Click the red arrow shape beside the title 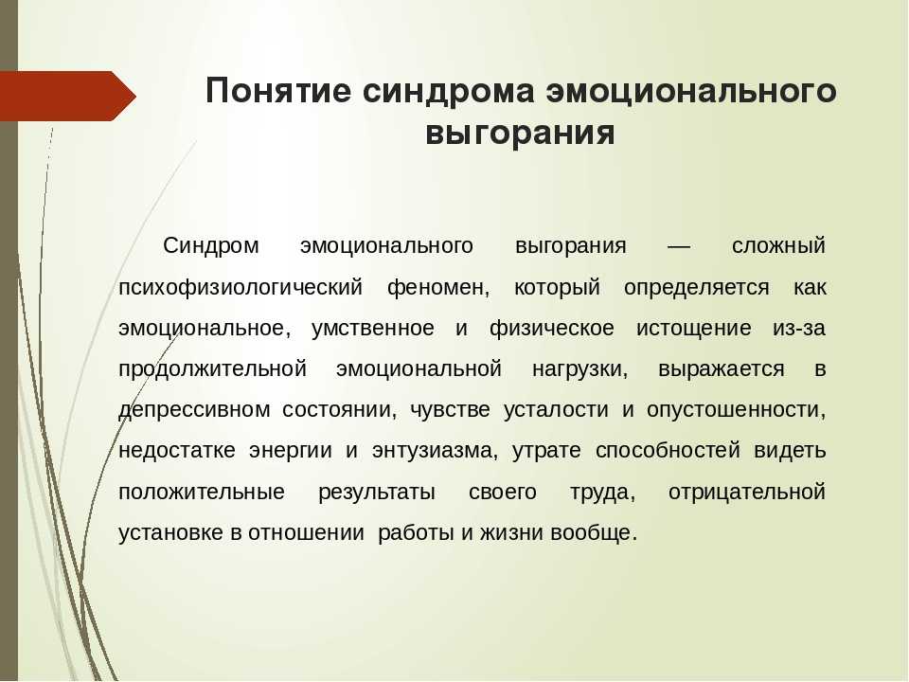[x=67, y=97]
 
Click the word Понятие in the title [x=278, y=91]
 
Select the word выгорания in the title [x=520, y=134]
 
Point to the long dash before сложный [x=679, y=246]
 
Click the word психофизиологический [x=241, y=288]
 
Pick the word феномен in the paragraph [x=438, y=288]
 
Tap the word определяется [x=696, y=288]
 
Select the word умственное [x=373, y=329]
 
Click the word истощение [x=694, y=329]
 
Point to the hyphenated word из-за [x=799, y=329]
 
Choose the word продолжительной [x=212, y=368]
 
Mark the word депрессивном [x=194, y=410]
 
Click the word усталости [x=556, y=410]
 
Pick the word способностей [x=668, y=451]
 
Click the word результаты [x=377, y=492]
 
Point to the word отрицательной [x=747, y=492]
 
